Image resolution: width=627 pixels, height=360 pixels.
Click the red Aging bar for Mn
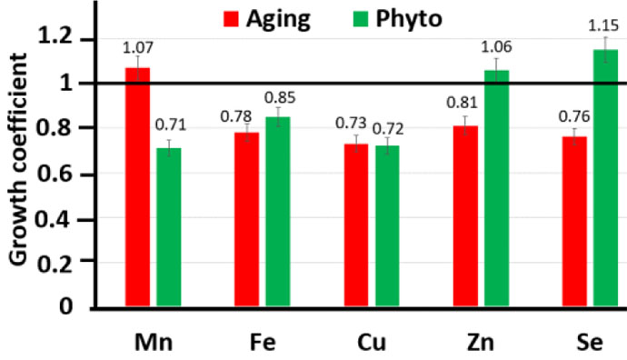point(137,186)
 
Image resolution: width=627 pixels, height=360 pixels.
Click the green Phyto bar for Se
point(605,177)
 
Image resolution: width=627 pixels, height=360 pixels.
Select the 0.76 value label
point(573,115)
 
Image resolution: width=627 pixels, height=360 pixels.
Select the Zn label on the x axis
point(480,343)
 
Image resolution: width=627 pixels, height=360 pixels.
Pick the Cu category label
point(371,343)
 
